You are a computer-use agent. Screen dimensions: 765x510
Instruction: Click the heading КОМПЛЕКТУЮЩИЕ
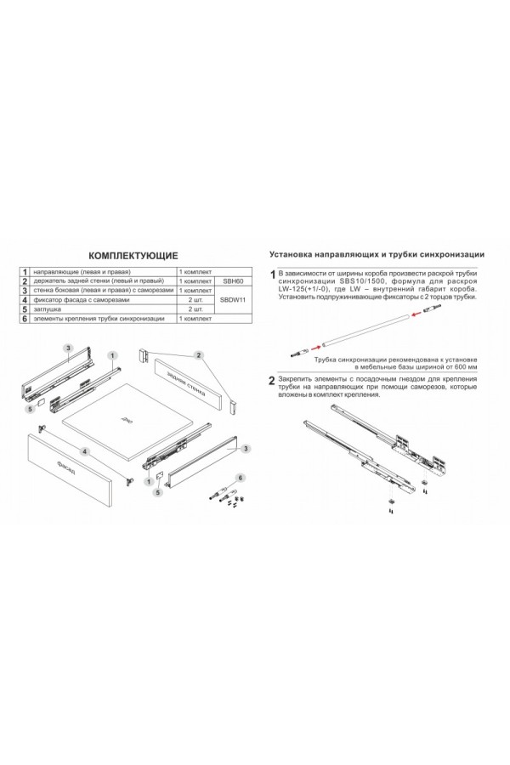coord(133,254)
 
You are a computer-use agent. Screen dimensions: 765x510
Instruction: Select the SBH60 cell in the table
coord(232,280)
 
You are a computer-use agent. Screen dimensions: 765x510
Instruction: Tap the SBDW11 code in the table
coord(232,299)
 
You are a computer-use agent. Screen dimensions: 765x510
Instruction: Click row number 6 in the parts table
coord(25,319)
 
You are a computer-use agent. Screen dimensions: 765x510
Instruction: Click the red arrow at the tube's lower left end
coord(314,346)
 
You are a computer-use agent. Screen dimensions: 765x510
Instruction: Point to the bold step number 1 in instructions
coord(272,275)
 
